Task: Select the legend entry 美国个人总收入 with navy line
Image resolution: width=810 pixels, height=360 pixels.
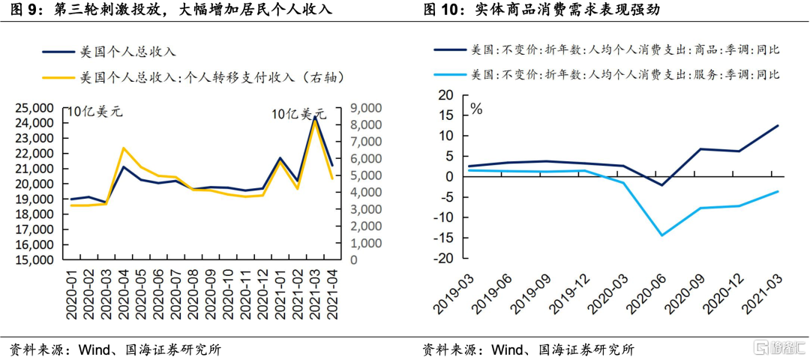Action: point(127,52)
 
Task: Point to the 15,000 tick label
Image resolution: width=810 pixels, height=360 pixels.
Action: point(34,260)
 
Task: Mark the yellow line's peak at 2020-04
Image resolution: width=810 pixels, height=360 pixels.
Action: point(123,148)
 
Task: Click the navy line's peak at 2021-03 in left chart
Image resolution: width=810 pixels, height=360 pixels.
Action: point(315,118)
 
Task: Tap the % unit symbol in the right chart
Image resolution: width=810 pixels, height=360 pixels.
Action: point(475,109)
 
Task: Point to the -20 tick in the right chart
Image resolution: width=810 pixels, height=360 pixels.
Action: point(445,259)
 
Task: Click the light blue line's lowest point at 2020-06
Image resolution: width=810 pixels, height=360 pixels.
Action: point(661,235)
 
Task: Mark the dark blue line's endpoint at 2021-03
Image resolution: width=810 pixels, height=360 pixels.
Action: point(777,125)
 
